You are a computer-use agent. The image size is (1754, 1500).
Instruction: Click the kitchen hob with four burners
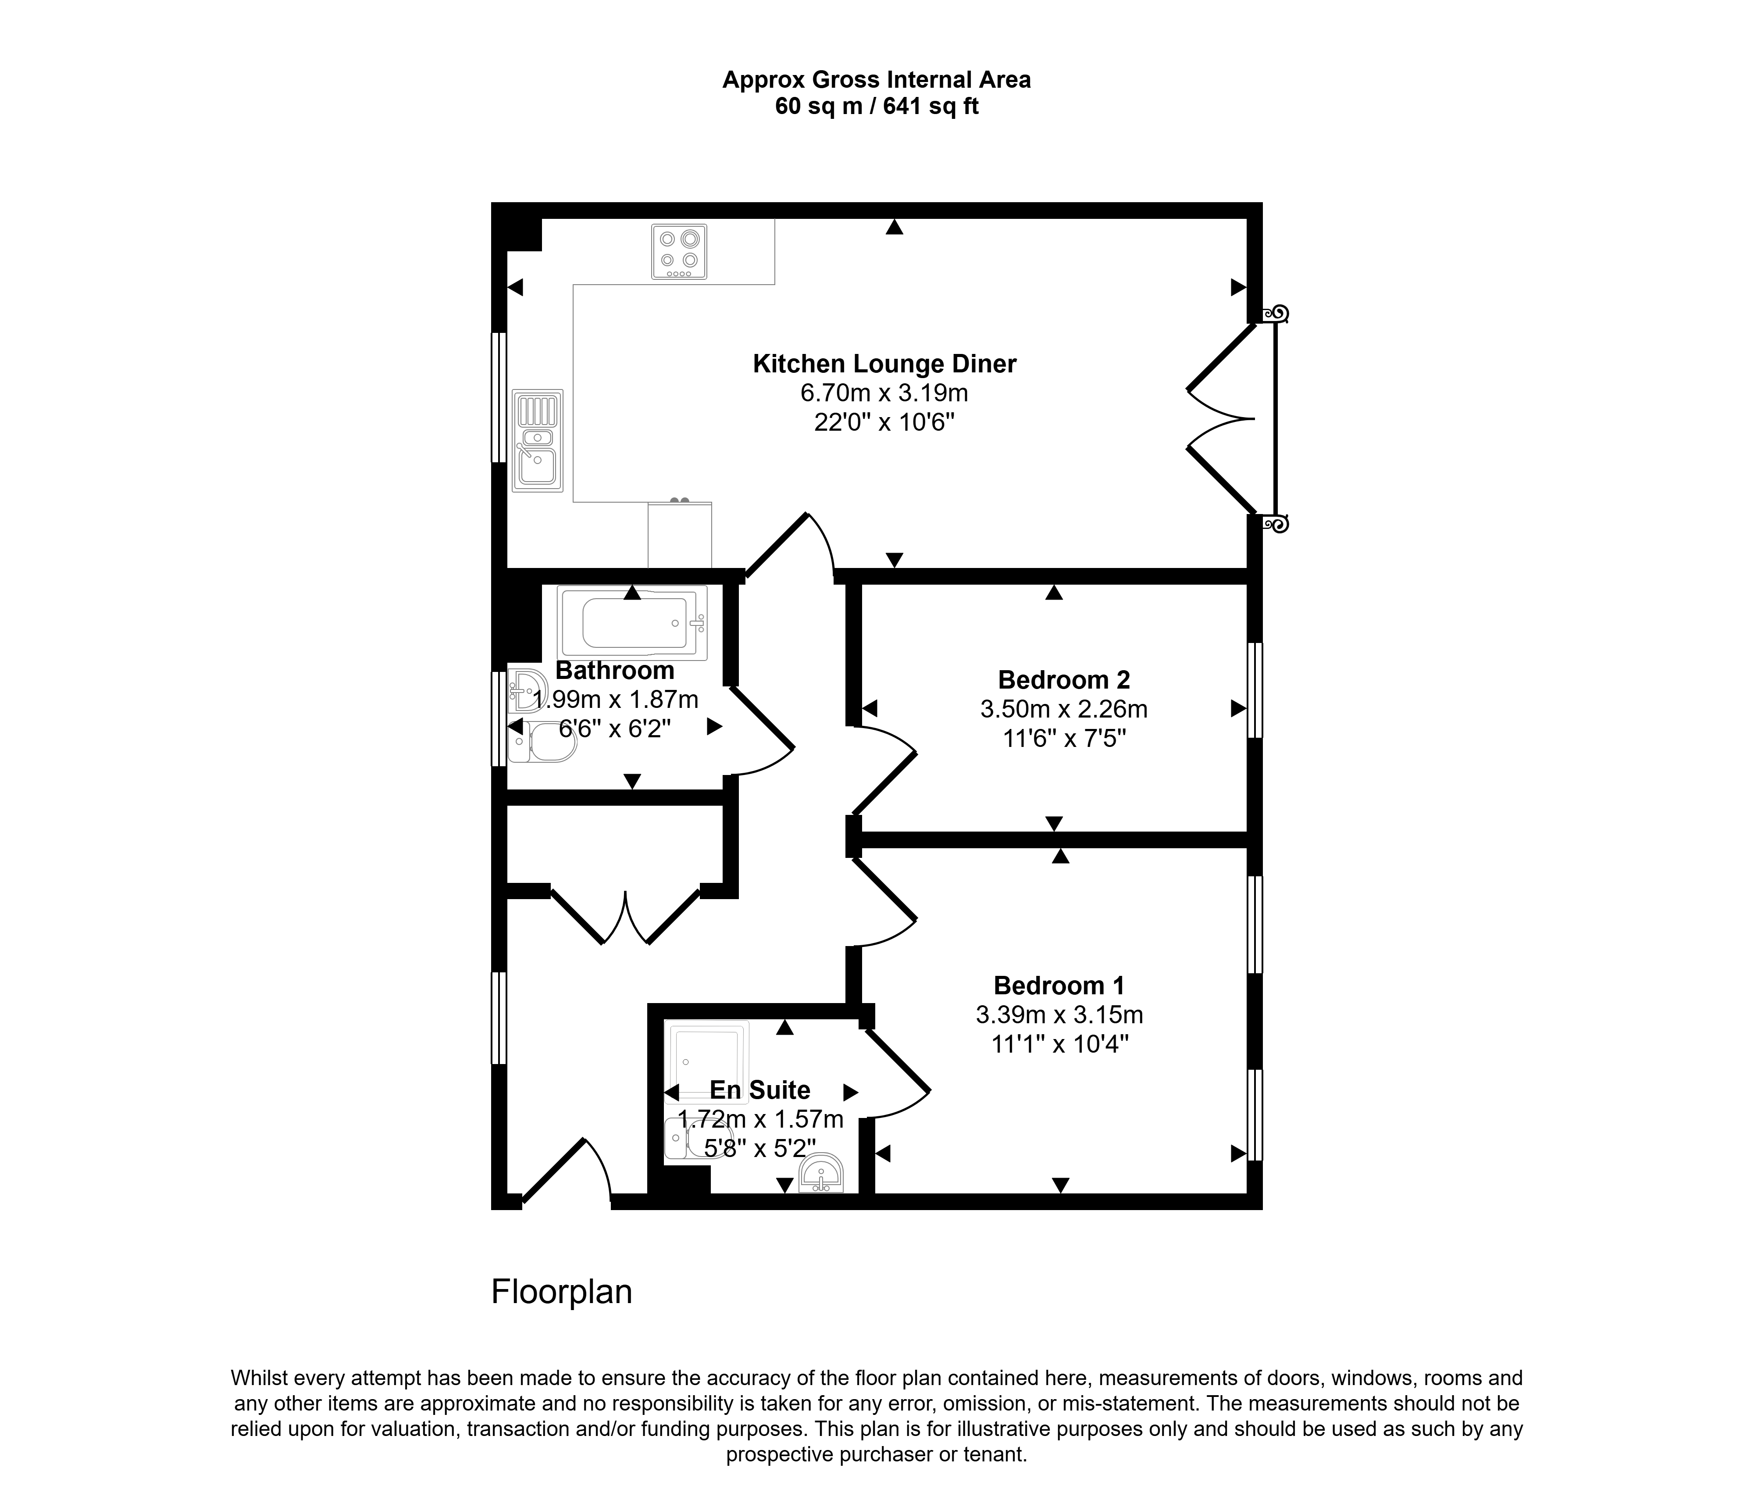pyautogui.click(x=679, y=251)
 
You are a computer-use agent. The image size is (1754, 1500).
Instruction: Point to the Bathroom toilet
pyautogui.click(x=542, y=742)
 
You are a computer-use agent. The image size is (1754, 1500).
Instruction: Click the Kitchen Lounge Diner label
pyautogui.click(x=884, y=364)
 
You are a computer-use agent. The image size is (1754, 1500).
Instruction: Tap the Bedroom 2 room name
pyautogui.click(x=1064, y=680)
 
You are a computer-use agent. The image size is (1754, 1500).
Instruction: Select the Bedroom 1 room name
pyautogui.click(x=1059, y=986)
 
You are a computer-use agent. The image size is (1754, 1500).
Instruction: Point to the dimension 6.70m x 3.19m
pyautogui.click(x=884, y=393)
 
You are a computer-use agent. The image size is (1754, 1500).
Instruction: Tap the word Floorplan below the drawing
pyautogui.click(x=562, y=1292)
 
